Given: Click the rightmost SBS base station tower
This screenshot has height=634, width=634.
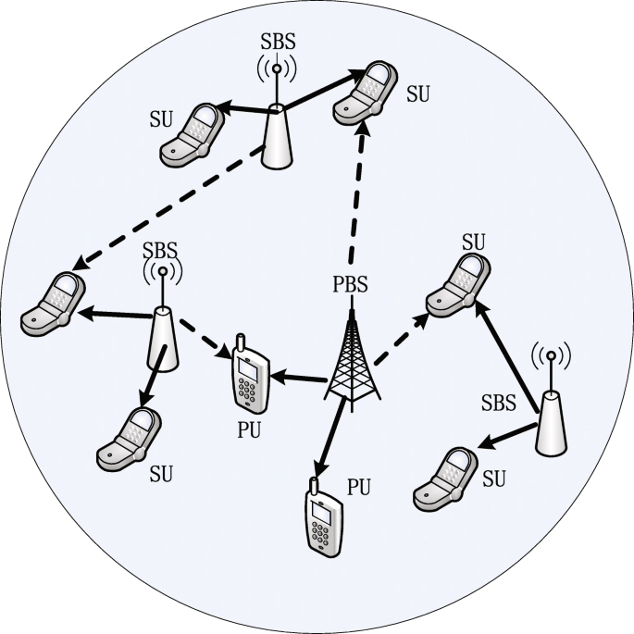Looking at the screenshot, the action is coord(552,421).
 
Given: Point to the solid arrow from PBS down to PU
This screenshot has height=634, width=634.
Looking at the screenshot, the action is coord(332,436).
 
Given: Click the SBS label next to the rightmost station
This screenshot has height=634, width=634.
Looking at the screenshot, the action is coord(500,403).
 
